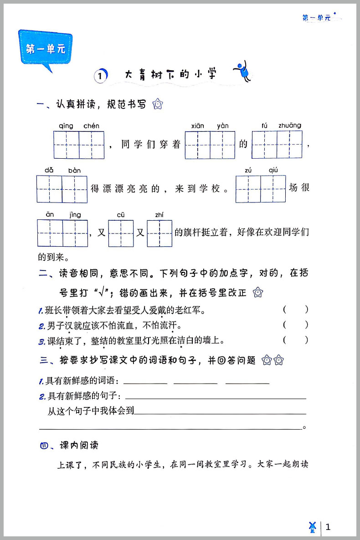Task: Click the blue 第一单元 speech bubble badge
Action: coord(45,49)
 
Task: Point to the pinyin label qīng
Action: coord(66,126)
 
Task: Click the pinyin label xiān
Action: coord(197,126)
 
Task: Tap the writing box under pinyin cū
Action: coord(121,234)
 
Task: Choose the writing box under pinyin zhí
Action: coord(159,234)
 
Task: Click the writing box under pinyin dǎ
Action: coord(49,189)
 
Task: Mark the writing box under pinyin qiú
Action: coord(273,189)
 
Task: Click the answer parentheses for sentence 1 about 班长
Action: coord(295,310)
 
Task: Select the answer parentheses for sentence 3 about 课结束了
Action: coord(295,340)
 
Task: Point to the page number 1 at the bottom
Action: coord(328,527)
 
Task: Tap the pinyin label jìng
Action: coord(75,215)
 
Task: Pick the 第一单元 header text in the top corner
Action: coord(316,18)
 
